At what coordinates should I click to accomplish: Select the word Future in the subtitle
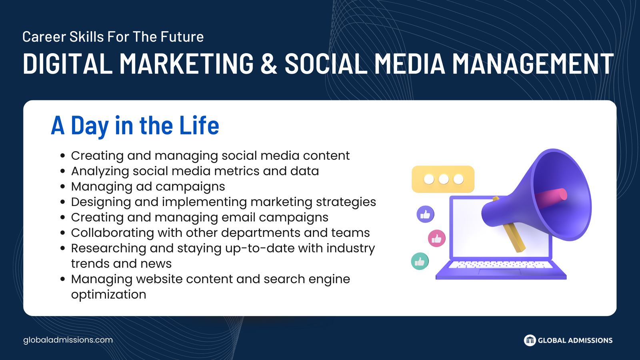point(182,36)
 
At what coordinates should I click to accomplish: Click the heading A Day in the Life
point(135,125)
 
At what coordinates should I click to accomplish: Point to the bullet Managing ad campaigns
point(148,186)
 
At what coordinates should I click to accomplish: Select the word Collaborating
point(112,233)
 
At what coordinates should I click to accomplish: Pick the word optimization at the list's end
point(108,294)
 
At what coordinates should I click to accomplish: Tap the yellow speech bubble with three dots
point(443,179)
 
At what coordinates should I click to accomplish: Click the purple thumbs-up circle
point(426,214)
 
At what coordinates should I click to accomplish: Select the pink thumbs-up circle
point(436,238)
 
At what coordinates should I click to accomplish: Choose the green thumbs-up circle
point(420,261)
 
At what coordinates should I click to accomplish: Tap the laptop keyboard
point(500,265)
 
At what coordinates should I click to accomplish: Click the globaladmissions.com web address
point(68,340)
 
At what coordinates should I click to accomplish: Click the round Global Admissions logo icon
point(530,340)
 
